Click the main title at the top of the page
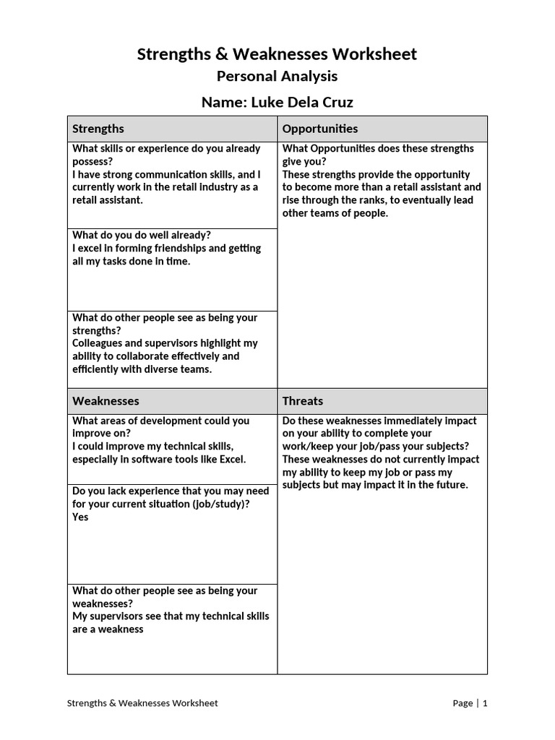tap(277, 54)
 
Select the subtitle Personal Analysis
tap(277, 77)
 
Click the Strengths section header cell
tap(172, 129)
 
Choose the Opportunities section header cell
tap(382, 129)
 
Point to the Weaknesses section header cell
tap(172, 401)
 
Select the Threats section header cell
tap(382, 401)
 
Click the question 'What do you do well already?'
tap(142, 236)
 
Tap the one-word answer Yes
tap(80, 517)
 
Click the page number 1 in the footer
tap(485, 703)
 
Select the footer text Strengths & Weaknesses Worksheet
tap(142, 703)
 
